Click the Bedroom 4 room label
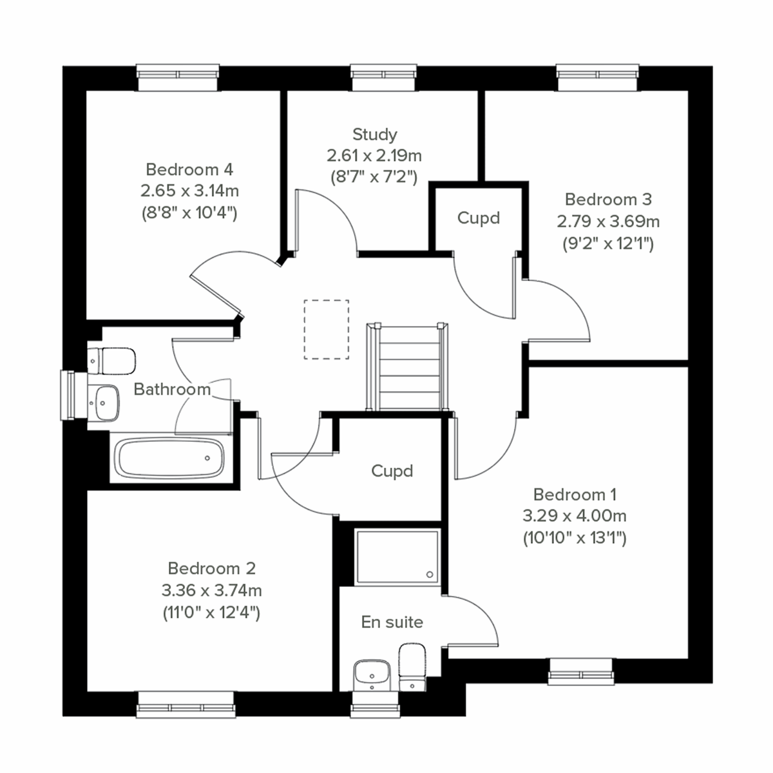(189, 169)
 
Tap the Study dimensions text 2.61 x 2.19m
(374, 155)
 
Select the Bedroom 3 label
(608, 199)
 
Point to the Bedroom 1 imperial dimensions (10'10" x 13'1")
(575, 537)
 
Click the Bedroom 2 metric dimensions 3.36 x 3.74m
(211, 590)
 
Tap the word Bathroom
(172, 389)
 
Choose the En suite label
(392, 622)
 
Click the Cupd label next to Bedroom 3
(478, 218)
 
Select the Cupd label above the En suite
(392, 471)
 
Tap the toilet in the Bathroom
(113, 361)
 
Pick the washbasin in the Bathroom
(104, 403)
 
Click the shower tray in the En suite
(397, 555)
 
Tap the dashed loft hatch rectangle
(327, 329)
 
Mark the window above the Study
(383, 77)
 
